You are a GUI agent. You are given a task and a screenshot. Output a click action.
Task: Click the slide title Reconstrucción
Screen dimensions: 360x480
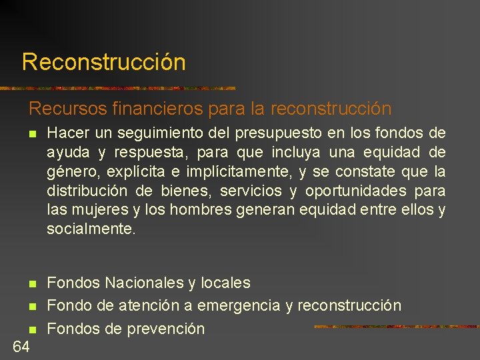(103, 62)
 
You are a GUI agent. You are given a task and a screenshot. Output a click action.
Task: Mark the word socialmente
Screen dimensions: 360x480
(91, 229)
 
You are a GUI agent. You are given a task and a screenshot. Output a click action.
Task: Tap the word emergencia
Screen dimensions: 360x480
(238, 306)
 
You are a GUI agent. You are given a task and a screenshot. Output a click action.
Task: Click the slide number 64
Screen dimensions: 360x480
(21, 346)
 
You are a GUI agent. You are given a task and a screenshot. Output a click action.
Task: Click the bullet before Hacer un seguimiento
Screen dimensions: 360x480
(32, 135)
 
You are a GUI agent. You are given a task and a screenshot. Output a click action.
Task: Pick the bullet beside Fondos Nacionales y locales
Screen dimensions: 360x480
(32, 283)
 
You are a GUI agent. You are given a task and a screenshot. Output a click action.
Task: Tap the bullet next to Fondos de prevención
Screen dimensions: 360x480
(32, 329)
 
